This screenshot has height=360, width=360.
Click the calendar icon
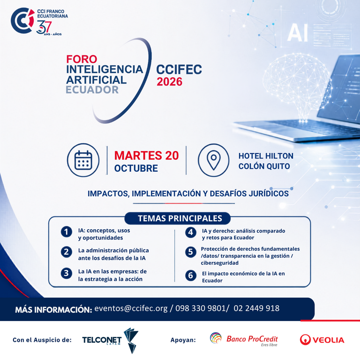pos(83,160)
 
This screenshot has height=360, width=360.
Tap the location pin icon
pos(214,160)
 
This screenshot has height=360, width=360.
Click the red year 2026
pos(169,82)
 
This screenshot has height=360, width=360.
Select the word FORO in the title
pos(82,59)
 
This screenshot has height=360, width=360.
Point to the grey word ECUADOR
pos(92,90)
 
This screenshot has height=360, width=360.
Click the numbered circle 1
pos(67,232)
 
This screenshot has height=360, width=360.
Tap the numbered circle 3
pos(67,273)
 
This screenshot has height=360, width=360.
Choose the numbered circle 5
pos(191,252)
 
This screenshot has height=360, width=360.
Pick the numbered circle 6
pos(191,275)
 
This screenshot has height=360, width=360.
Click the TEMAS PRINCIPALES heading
pos(180,218)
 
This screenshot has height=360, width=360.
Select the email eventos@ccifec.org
pos(131,308)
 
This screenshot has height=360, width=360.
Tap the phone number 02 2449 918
pos(256,308)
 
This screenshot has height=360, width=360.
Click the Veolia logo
pos(322,340)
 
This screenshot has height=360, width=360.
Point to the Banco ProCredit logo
pos(244,339)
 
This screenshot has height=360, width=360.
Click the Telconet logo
pos(110,340)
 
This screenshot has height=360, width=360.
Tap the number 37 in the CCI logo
pos(44,27)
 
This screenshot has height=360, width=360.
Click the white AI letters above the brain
pos(297,33)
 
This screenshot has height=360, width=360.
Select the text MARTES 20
pos(146,156)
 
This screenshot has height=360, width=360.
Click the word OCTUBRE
pos(136,168)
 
